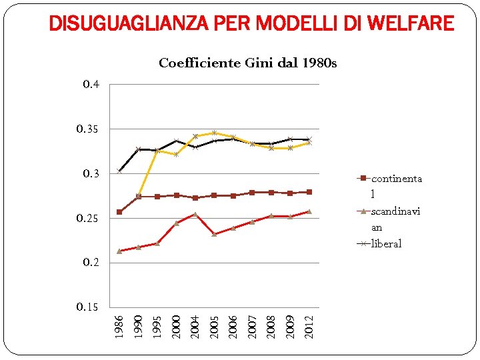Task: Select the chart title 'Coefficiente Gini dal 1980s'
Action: (x=247, y=63)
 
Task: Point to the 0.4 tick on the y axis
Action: (x=91, y=85)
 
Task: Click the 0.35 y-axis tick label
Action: (x=89, y=129)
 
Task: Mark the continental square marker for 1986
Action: (x=119, y=212)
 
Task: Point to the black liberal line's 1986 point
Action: (x=119, y=171)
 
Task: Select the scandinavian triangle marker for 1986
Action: (x=119, y=251)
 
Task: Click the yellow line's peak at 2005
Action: (x=214, y=133)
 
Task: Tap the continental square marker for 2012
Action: (x=309, y=192)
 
